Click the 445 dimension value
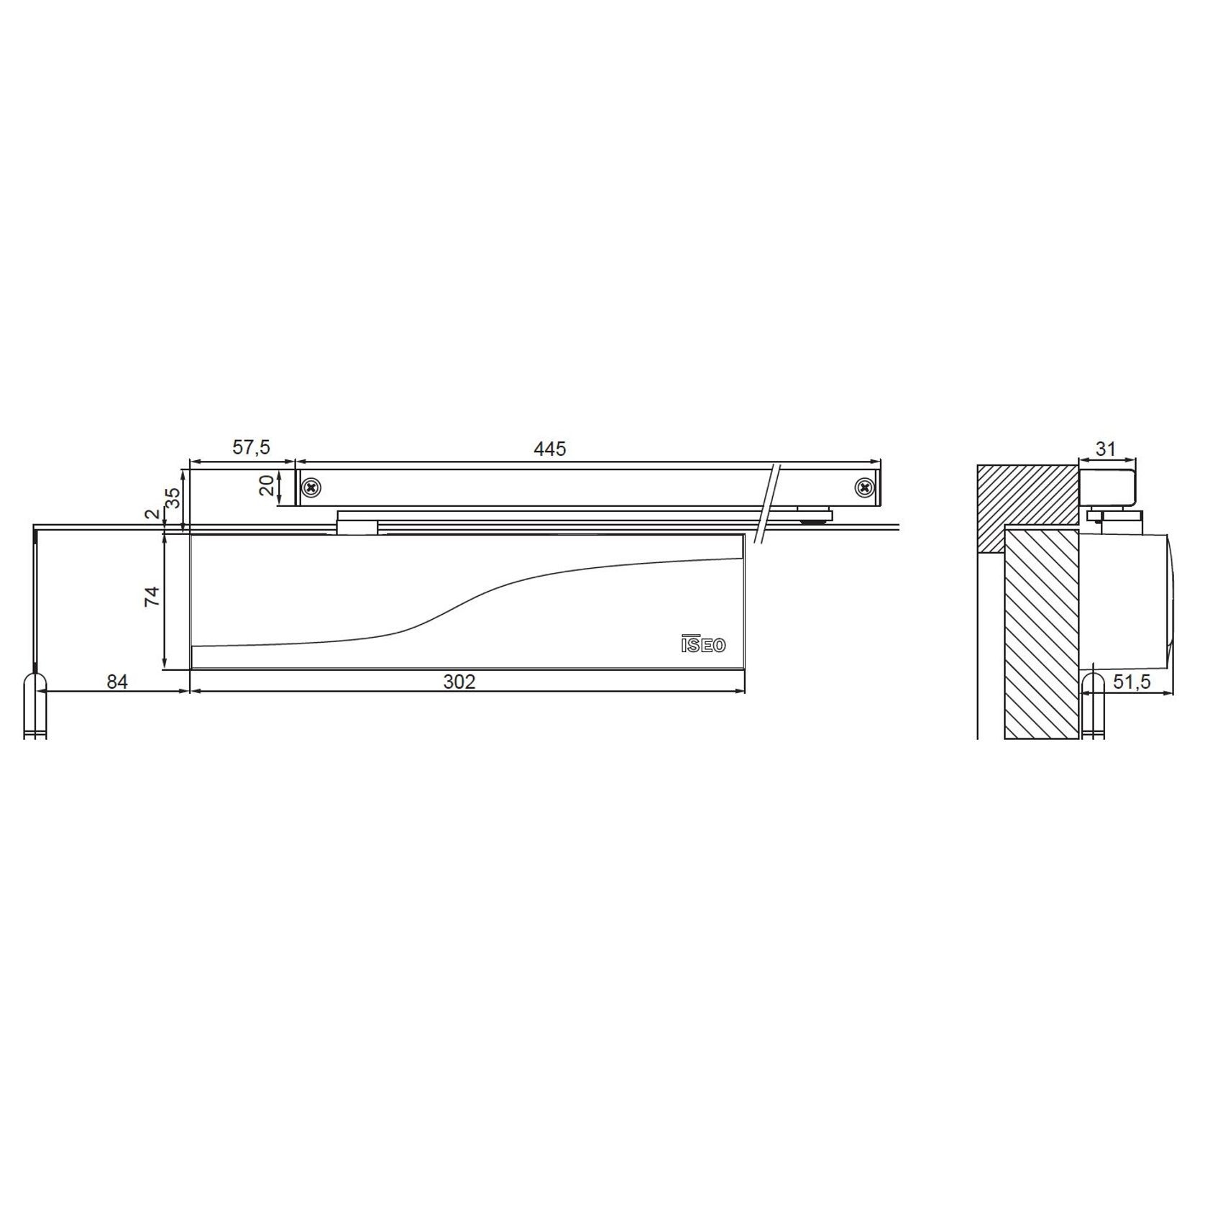point(550,449)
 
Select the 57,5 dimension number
point(251,447)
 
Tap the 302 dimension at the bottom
point(459,681)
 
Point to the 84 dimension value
point(116,681)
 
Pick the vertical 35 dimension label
point(173,498)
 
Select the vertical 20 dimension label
point(267,485)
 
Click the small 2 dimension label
point(151,514)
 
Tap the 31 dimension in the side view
point(1104,449)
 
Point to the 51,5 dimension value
point(1132,682)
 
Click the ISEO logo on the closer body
point(703,644)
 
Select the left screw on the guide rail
point(311,487)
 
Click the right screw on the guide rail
point(865,487)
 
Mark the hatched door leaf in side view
point(1042,633)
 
